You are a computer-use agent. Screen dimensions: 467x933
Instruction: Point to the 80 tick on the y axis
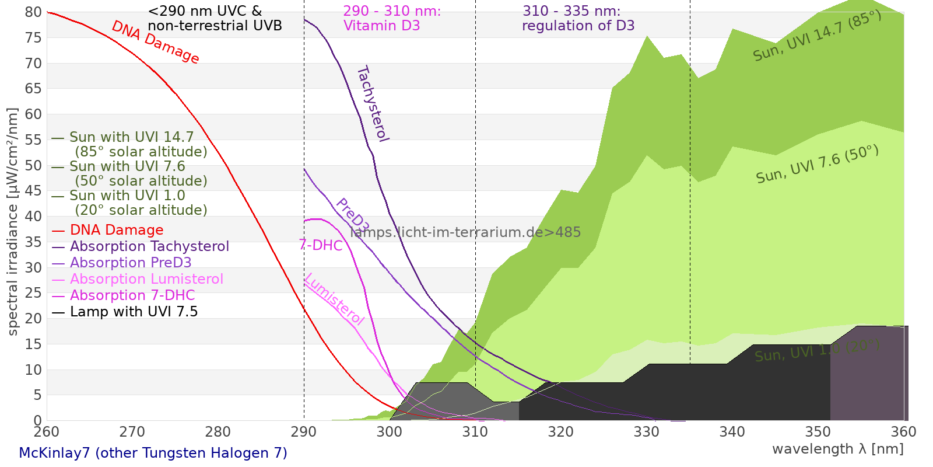[x=34, y=12]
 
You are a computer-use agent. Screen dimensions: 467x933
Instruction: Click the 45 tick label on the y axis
[x=34, y=191]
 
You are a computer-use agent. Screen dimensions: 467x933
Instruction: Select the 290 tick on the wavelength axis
[x=304, y=432]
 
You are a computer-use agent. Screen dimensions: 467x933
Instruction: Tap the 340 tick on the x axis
[x=732, y=432]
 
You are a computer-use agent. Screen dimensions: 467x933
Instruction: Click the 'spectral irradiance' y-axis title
[x=13, y=222]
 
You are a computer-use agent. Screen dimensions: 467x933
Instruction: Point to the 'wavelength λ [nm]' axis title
[x=837, y=449]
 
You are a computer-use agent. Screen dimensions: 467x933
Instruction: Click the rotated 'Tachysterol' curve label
[x=373, y=104]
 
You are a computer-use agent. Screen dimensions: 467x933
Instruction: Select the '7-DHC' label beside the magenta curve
[x=321, y=245]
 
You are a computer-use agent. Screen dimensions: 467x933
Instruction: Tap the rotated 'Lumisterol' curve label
[x=334, y=299]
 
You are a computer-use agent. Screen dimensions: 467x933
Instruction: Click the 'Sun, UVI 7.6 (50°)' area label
[x=817, y=165]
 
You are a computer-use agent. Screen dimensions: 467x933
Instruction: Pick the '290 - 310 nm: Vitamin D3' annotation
[x=392, y=19]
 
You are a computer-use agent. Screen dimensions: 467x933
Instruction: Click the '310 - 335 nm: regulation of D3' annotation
[x=578, y=19]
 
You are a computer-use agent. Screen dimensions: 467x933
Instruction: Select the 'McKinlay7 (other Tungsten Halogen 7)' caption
[x=153, y=453]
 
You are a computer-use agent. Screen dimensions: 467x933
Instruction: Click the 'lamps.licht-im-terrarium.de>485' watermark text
[x=465, y=232]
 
